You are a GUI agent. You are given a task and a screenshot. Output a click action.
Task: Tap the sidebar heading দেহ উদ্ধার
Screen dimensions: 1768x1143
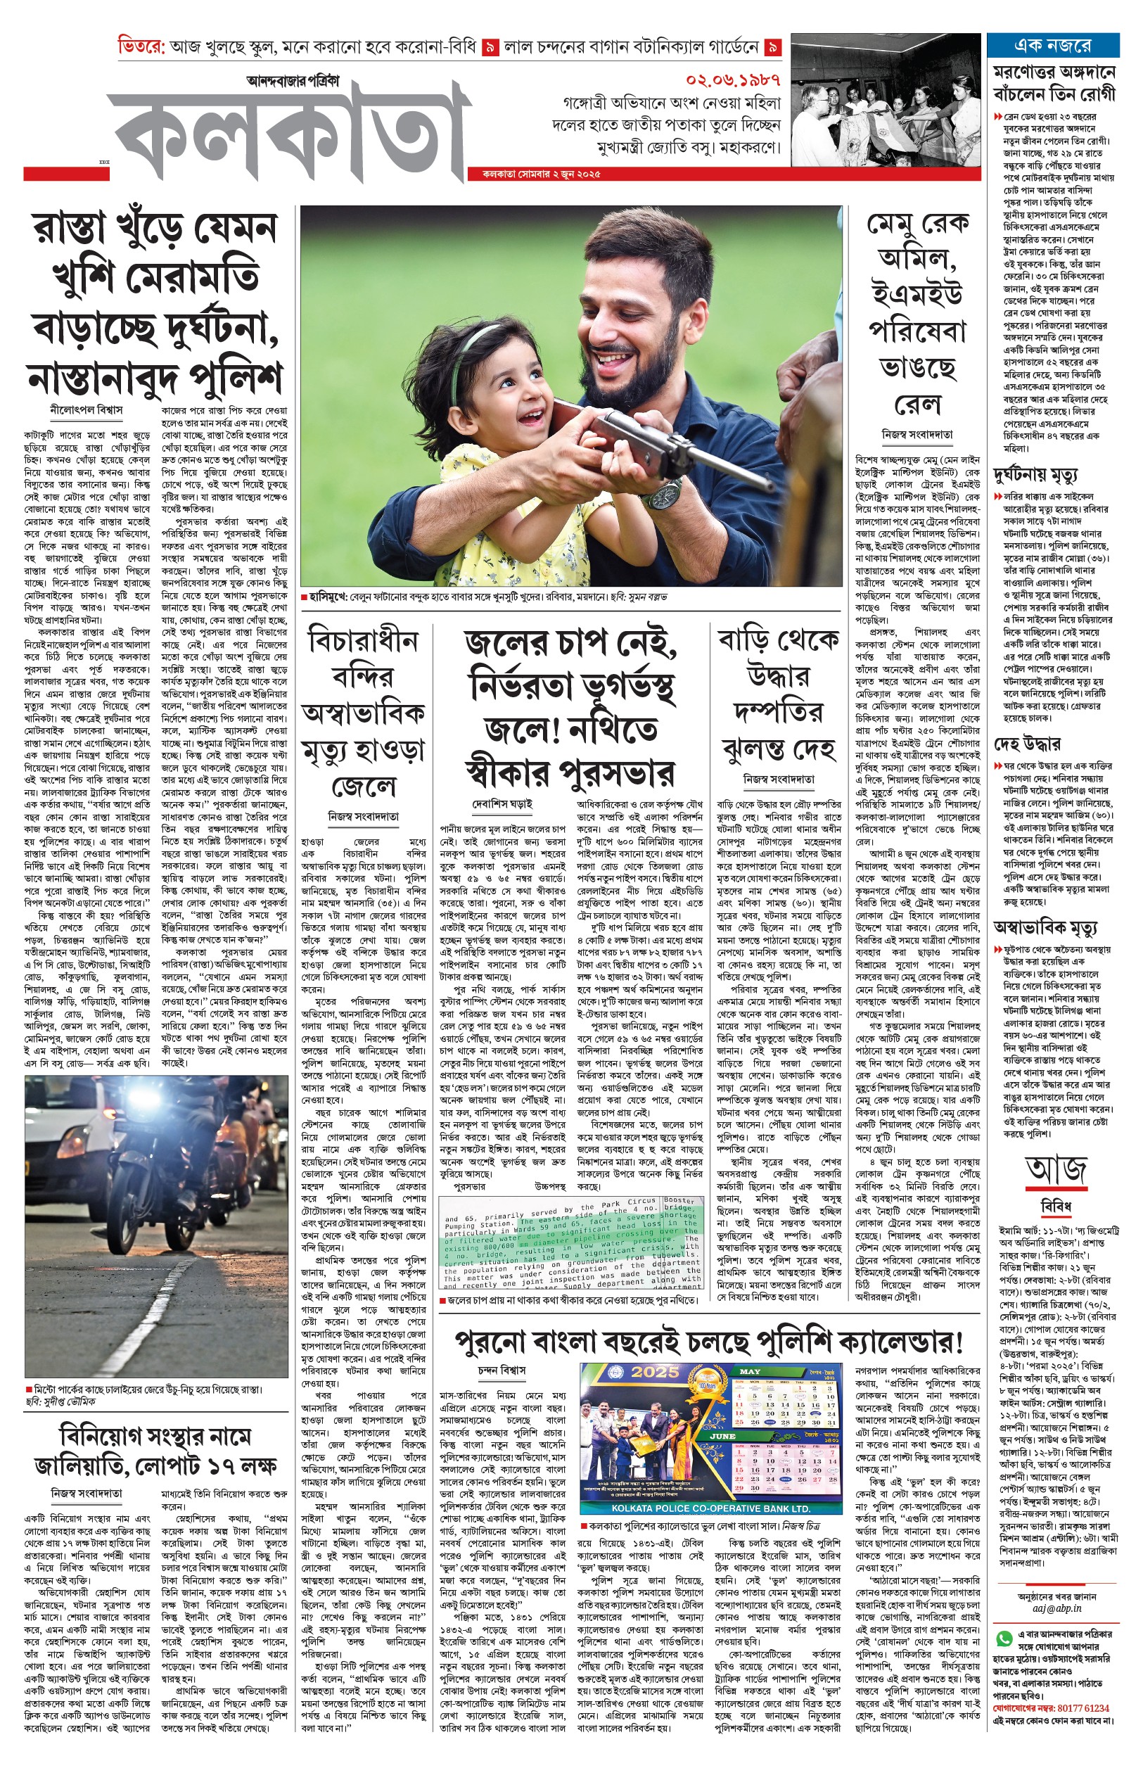point(1026,744)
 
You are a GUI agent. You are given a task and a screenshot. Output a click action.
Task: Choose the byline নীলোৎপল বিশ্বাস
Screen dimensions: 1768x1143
point(86,409)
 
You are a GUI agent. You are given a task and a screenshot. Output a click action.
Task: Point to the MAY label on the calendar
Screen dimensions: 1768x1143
point(751,1371)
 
